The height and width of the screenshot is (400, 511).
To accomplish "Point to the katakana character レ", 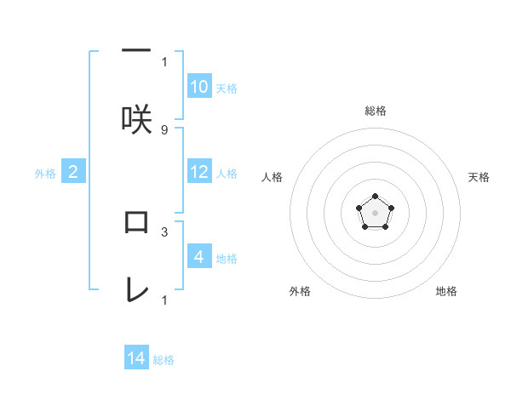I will click(136, 289).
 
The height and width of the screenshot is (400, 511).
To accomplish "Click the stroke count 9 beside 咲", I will click(164, 129).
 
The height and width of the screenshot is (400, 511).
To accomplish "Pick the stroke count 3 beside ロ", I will click(164, 231).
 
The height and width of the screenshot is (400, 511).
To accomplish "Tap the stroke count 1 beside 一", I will click(164, 61).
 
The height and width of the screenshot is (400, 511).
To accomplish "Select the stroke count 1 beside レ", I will click(164, 299).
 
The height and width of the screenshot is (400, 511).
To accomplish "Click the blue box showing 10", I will click(199, 87).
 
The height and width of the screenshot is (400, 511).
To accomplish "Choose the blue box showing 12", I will click(199, 172).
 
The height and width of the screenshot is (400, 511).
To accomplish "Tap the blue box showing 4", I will click(199, 256).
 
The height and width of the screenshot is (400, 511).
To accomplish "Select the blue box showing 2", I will click(73, 172).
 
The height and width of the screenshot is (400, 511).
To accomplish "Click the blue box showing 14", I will click(136, 358).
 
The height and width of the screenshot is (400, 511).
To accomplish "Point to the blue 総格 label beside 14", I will click(164, 360).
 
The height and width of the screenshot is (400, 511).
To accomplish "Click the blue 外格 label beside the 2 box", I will click(45, 174).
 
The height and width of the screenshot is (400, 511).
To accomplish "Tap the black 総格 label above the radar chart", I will click(375, 111).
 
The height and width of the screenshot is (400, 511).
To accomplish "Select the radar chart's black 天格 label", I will click(479, 177).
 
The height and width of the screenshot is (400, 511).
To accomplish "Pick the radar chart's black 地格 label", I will click(446, 291).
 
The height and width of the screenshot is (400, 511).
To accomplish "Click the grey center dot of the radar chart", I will click(375, 212).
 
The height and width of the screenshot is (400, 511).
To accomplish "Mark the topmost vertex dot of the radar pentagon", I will click(375, 197).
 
